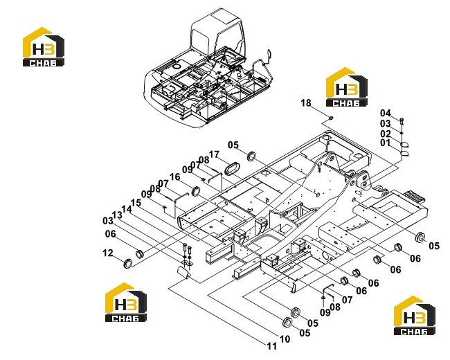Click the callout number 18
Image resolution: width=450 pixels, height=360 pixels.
coord(306,102)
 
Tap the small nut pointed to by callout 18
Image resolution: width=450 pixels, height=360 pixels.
coord(331,118)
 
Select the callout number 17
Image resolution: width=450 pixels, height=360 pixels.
coord(214,154)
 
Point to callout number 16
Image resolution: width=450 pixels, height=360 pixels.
coord(174,177)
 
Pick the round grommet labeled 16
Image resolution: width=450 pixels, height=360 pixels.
coord(196,191)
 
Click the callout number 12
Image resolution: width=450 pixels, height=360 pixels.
coord(108,253)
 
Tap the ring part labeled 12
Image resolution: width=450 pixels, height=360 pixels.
coord(127,264)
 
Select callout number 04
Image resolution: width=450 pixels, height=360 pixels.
coord(386,113)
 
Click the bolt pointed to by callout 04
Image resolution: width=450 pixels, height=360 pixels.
coord(402,121)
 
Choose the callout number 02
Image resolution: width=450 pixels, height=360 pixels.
coord(386,134)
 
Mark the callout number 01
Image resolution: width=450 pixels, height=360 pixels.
coord(386,143)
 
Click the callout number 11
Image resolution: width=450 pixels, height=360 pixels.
coord(272,346)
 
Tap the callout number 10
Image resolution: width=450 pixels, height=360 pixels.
coord(285,339)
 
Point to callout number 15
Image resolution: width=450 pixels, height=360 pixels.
coord(136,203)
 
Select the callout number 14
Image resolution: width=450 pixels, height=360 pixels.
coord(127,208)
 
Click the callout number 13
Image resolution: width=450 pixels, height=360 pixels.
coord(117,215)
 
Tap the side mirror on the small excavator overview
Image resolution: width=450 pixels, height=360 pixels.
coord(269,55)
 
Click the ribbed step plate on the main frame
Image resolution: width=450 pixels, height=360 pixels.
coord(414,197)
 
